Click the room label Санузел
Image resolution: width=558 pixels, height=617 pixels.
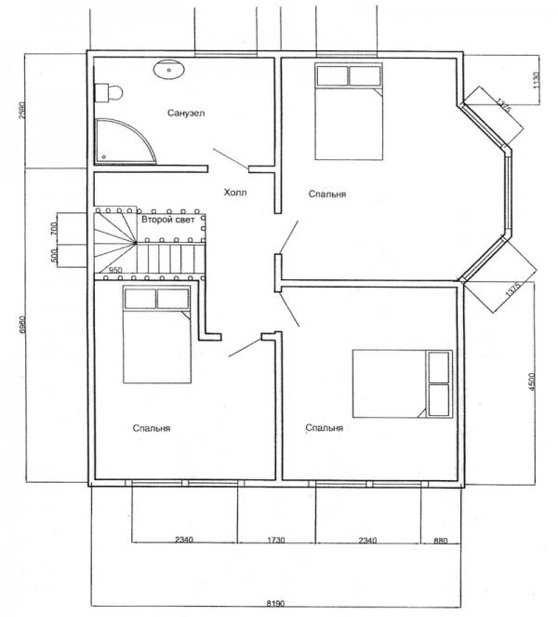186,114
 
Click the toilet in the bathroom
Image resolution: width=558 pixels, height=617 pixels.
108,92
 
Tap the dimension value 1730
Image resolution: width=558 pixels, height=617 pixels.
276,539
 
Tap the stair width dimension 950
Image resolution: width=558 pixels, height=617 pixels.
115,271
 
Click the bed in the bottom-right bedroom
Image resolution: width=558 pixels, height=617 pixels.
401,382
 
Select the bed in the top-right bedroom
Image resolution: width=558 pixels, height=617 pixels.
347,112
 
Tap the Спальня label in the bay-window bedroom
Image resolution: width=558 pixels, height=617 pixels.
327,194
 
